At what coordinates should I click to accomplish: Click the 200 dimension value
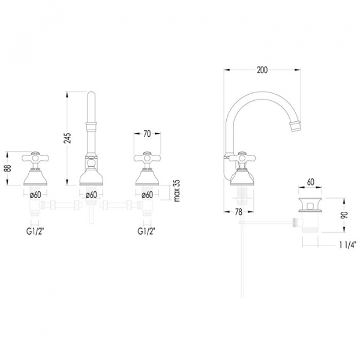[x=262, y=70]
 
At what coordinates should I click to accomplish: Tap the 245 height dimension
[x=67, y=138]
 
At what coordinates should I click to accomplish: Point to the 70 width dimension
[x=147, y=134]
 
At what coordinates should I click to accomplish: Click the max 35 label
[x=177, y=191]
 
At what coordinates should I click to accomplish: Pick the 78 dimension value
[x=239, y=212]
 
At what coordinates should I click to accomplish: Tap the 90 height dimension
[x=344, y=215]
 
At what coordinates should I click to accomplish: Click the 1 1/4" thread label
[x=347, y=245]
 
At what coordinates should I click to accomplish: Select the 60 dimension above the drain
[x=310, y=182]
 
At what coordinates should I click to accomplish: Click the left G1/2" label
[x=35, y=231]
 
